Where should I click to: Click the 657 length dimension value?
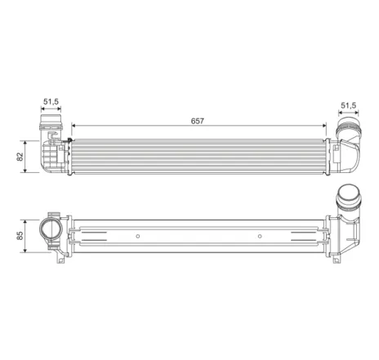(x=198, y=120)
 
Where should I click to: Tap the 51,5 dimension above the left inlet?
(x=51, y=102)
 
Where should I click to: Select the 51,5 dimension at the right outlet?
(x=348, y=105)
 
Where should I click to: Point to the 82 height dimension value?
(x=19, y=156)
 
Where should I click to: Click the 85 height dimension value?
(x=19, y=237)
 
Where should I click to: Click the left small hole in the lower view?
(x=138, y=237)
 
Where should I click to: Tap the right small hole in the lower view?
(x=259, y=237)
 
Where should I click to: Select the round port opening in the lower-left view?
(x=50, y=230)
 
